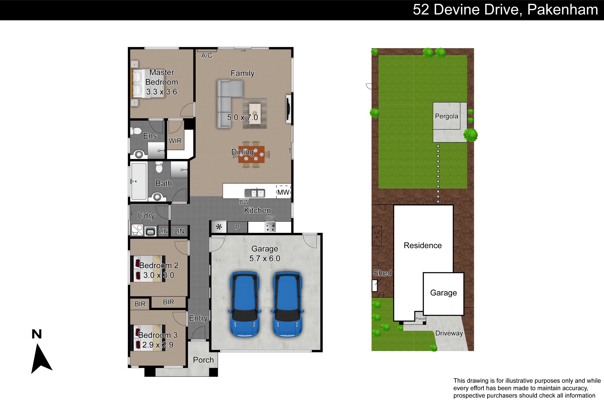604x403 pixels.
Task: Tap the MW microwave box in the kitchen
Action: pyautogui.click(x=283, y=192)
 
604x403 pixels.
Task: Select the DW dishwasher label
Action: pyautogui.click(x=244, y=202)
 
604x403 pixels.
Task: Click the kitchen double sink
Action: pyautogui.click(x=255, y=193)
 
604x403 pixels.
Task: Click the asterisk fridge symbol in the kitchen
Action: pyautogui.click(x=219, y=227)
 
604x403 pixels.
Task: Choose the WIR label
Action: pyautogui.click(x=175, y=141)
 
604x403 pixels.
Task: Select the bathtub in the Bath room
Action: pyautogui.click(x=139, y=181)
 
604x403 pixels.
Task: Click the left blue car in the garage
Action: pyautogui.click(x=245, y=304)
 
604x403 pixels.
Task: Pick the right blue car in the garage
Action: pyautogui.click(x=287, y=304)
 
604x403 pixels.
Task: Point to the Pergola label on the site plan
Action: pyautogui.click(x=446, y=116)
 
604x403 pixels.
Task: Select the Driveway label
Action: pyautogui.click(x=449, y=333)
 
